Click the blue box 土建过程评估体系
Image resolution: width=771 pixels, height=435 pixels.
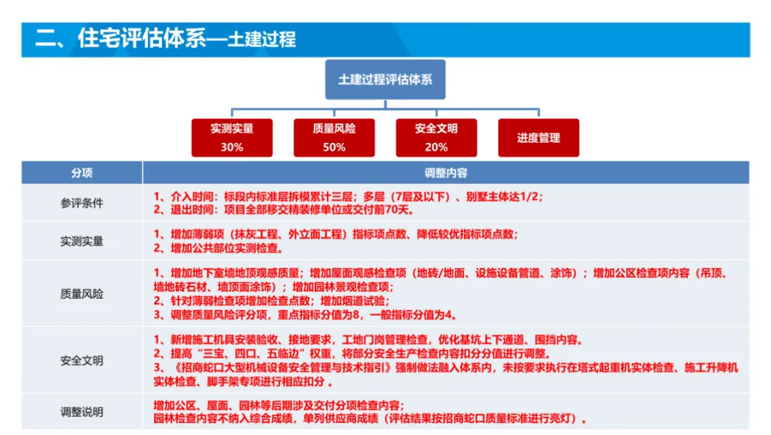[385, 79]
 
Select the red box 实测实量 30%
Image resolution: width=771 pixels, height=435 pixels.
[232, 138]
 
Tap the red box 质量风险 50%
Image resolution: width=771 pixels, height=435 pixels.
[334, 138]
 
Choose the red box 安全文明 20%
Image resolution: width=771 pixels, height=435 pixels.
[436, 138]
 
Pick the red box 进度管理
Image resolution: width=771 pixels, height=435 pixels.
[538, 138]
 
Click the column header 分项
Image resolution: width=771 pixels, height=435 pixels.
[81, 173]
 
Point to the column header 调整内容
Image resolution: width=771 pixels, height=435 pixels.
[445, 173]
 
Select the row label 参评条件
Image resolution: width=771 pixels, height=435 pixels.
[81, 203]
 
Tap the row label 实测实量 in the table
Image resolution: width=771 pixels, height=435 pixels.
[81, 241]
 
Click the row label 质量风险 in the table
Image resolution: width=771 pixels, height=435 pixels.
[81, 294]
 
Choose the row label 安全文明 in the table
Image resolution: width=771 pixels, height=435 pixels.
[81, 361]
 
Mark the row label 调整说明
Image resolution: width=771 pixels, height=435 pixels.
[81, 412]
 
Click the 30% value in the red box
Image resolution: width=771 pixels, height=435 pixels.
[232, 147]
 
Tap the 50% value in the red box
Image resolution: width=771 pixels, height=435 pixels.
[334, 147]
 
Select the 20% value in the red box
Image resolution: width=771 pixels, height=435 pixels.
[436, 147]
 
